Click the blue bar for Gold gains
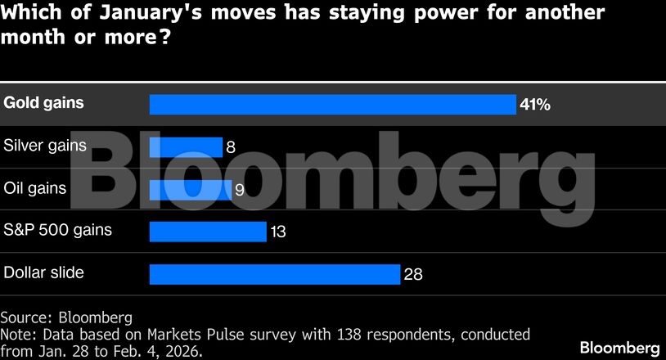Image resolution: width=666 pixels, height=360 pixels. point(332,105)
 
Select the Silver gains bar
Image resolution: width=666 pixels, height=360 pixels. point(186,147)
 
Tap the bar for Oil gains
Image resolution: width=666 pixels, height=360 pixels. point(190,190)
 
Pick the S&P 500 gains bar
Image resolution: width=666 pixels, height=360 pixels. point(208,232)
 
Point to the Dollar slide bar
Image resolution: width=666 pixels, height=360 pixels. point(274,274)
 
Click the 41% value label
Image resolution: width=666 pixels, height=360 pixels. point(534,106)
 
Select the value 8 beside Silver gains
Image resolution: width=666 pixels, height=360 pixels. point(231,148)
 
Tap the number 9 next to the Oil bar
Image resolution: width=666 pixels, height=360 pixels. point(241,191)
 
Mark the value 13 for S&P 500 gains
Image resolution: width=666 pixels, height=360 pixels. point(277,232)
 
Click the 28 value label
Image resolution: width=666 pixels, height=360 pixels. point(413,275)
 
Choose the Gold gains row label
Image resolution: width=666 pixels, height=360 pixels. point(44,104)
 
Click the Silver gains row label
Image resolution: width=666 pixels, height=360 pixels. point(45,146)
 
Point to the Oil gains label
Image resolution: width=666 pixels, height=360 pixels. point(35,188)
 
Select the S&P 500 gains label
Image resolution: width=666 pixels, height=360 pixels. point(58,231)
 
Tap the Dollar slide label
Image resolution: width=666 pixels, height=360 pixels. point(44,272)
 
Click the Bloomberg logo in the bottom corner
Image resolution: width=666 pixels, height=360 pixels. point(619,347)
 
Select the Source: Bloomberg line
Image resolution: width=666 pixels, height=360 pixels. point(66,317)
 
